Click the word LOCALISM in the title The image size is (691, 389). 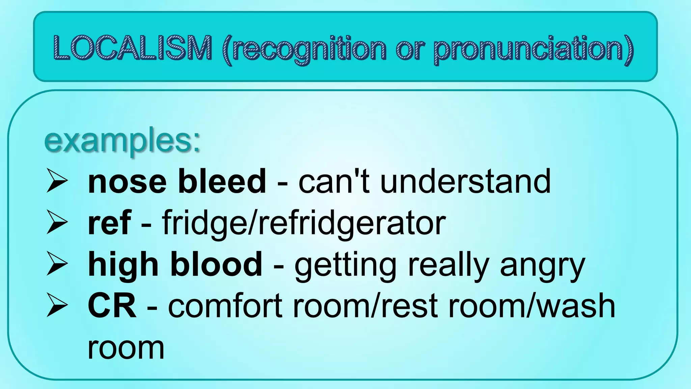133,48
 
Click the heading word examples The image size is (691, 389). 122,141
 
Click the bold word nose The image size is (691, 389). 127,182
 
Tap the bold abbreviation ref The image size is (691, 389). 109,223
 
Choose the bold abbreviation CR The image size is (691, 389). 112,306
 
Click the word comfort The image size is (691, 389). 225,306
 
